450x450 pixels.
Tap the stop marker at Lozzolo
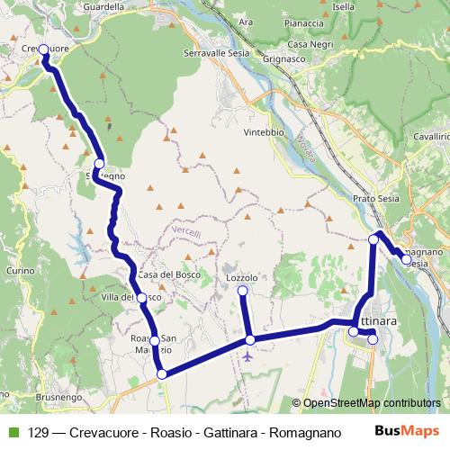pyautogui.click(x=241, y=290)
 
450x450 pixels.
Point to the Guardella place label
pyautogui.click(x=102, y=6)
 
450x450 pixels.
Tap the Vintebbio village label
pyautogui.click(x=263, y=132)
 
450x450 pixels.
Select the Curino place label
pyautogui.click(x=20, y=270)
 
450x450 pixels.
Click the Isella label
pyautogui.click(x=344, y=6)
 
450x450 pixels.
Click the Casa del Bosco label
pyautogui.click(x=162, y=274)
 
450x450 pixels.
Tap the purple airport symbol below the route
pyautogui.click(x=247, y=355)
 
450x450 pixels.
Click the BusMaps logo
pyautogui.click(x=407, y=431)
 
